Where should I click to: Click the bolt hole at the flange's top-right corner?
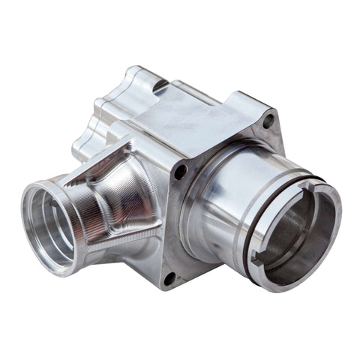(x=268, y=118)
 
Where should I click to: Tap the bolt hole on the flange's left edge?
(x=181, y=171)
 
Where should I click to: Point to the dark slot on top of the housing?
(x=159, y=87)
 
